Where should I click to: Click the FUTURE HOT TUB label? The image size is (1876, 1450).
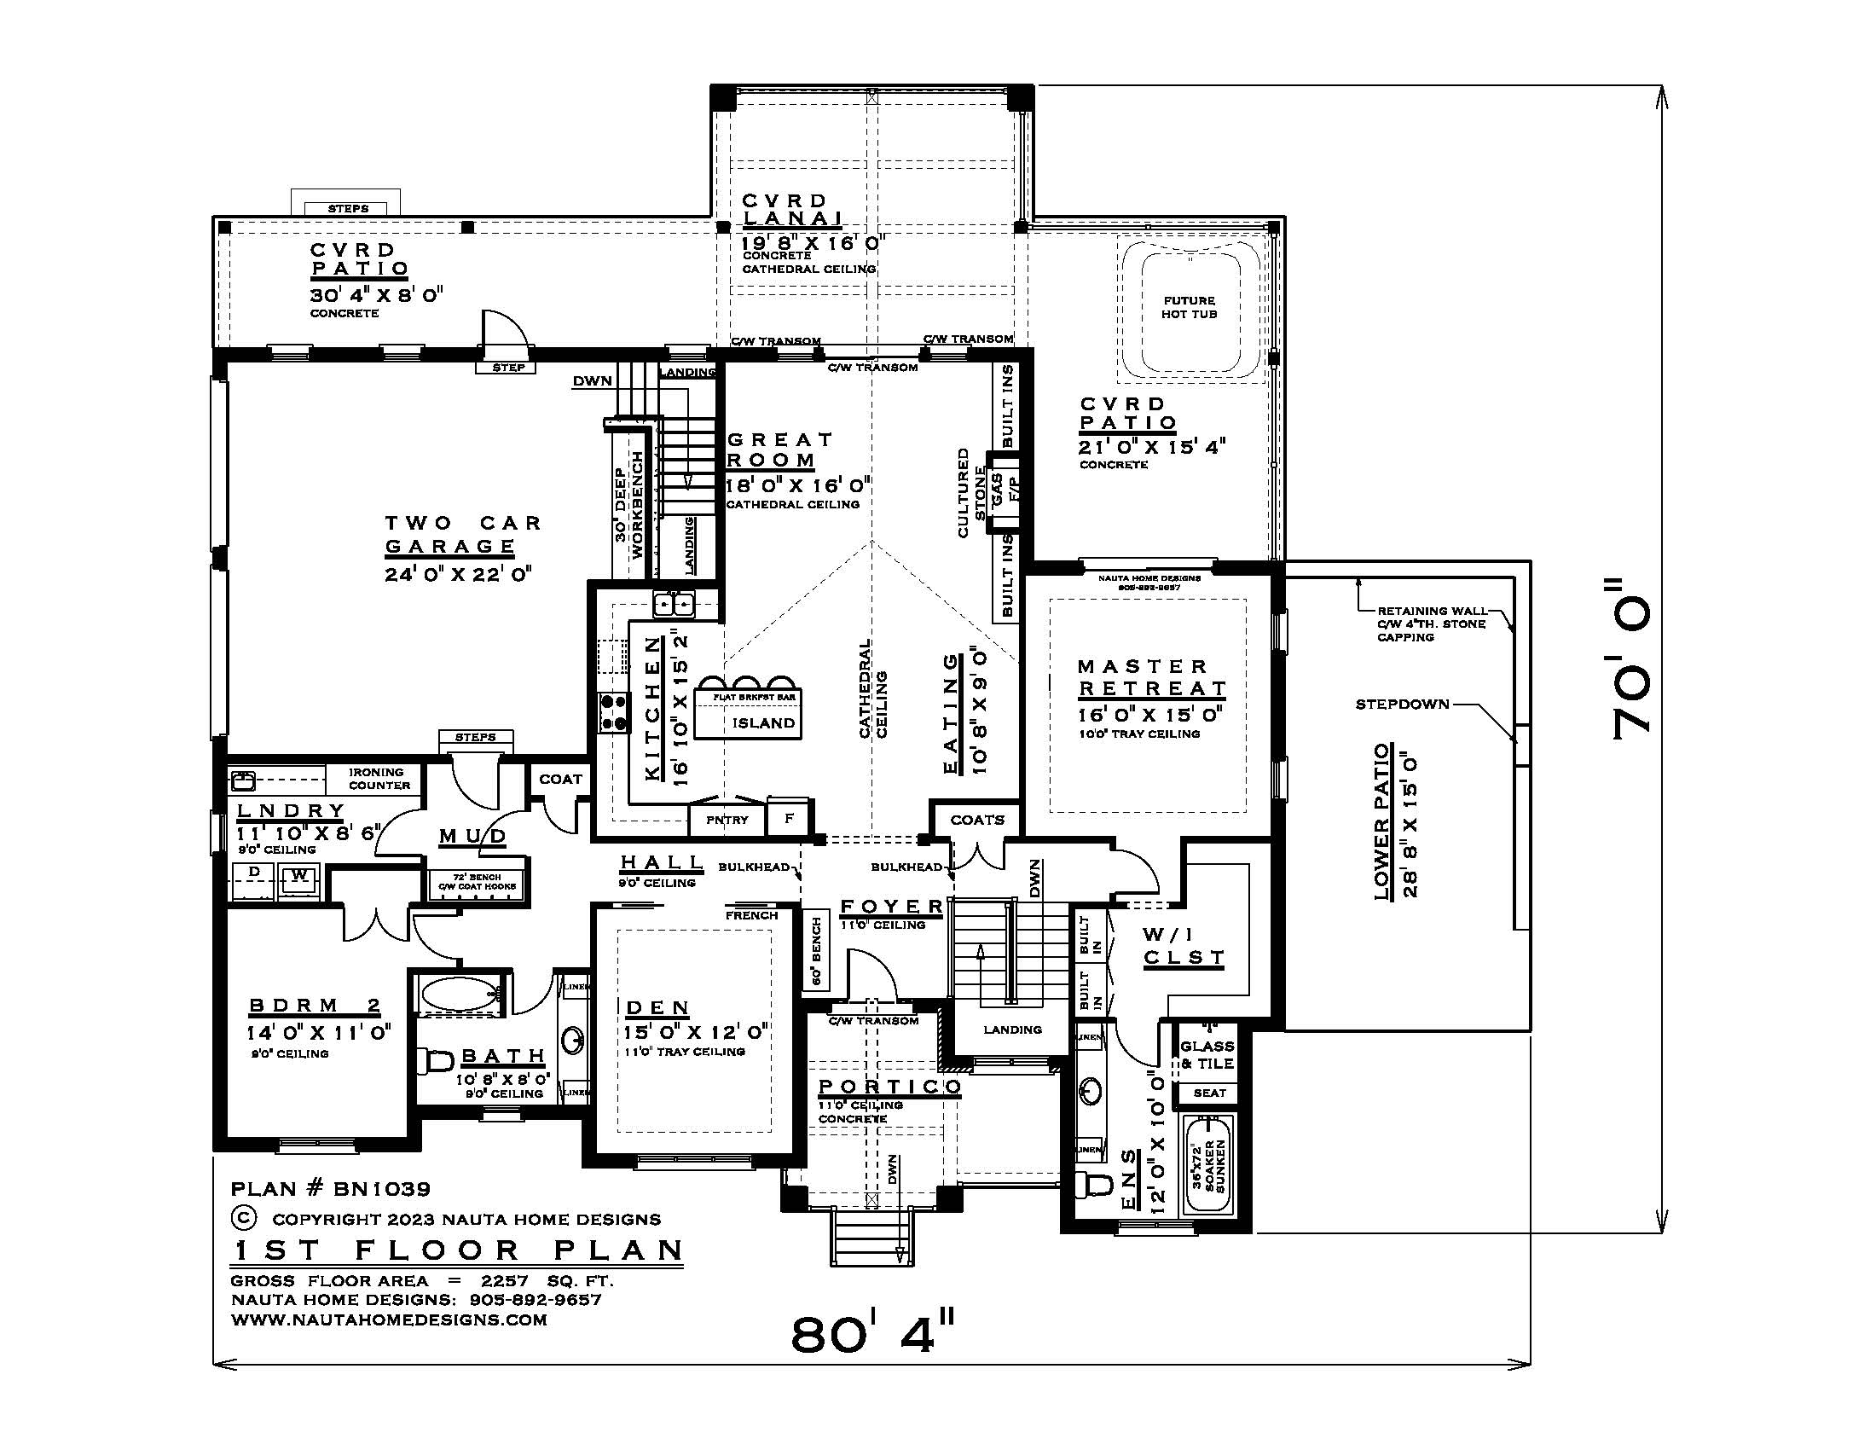click(1189, 308)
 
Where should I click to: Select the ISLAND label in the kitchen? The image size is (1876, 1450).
click(763, 722)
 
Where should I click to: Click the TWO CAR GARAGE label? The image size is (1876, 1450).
click(461, 534)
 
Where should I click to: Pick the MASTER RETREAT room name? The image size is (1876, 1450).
click(1151, 677)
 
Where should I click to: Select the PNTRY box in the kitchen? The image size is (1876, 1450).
click(727, 820)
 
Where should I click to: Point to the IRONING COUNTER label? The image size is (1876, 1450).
click(379, 778)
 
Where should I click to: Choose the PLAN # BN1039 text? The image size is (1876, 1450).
click(331, 1189)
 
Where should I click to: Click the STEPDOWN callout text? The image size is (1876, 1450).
click(1402, 705)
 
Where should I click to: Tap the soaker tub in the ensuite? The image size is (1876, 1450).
click(1208, 1165)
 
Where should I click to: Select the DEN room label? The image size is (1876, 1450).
click(657, 1007)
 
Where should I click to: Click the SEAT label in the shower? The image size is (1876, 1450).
click(1208, 1093)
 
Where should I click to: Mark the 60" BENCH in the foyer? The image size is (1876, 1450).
click(816, 951)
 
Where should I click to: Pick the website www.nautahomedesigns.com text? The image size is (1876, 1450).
click(388, 1319)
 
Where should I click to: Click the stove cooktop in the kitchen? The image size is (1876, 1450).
click(613, 713)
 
